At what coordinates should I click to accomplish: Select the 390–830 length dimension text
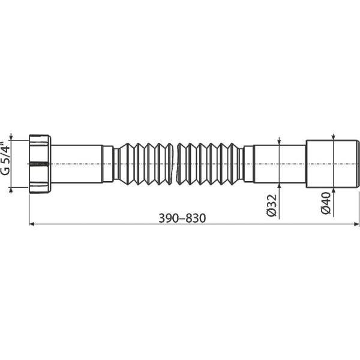click(182, 218)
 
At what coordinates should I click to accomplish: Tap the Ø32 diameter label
click(271, 205)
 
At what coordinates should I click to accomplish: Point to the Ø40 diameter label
click(326, 203)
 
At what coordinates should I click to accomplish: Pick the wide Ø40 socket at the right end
click(332, 163)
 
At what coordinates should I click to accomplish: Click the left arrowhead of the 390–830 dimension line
click(32, 224)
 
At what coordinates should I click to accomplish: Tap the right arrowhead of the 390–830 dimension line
click(356, 224)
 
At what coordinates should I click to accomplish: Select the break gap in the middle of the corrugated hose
click(175, 164)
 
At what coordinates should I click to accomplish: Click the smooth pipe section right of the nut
click(76, 164)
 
